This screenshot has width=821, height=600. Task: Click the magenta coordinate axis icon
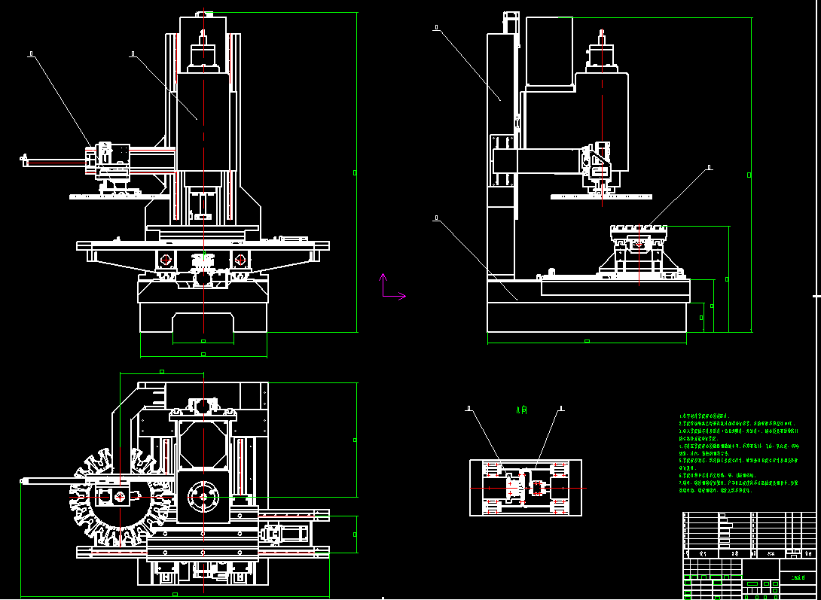(388, 288)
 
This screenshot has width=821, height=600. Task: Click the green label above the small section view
(521, 410)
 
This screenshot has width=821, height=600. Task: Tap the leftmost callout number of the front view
(31, 53)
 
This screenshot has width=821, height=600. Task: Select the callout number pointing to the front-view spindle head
(133, 53)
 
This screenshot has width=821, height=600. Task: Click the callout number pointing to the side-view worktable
(709, 167)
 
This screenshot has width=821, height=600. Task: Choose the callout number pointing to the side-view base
(436, 218)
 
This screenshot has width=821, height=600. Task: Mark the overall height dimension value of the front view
(355, 172)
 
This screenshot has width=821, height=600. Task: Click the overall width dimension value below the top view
(175, 594)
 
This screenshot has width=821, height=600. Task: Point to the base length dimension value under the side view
(587, 341)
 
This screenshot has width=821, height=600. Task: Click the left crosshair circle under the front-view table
(166, 260)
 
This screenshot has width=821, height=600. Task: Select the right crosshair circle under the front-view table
(240, 260)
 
